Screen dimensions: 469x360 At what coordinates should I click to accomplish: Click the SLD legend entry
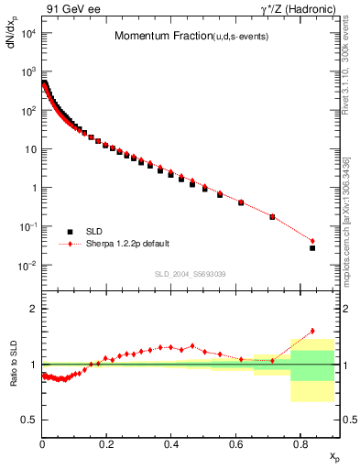pos(88,232)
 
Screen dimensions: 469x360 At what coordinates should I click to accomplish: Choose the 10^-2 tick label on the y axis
pos(28,266)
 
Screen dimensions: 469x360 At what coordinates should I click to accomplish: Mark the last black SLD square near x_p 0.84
pos(312,248)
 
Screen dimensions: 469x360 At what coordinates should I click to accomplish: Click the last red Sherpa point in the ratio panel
pos(312,331)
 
